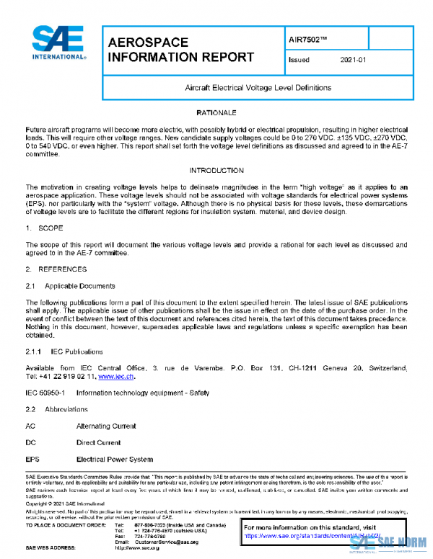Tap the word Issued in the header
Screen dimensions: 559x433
pos(298,61)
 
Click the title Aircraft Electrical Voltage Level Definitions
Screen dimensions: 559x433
pos(258,87)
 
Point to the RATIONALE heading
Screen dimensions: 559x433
pos(216,114)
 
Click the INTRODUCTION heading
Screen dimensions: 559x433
pos(216,170)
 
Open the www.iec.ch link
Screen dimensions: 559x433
pos(115,376)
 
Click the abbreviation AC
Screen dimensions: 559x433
pos(30,426)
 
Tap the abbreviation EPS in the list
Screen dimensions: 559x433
pos(32,460)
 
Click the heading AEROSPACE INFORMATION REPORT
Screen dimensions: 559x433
pos(180,50)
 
